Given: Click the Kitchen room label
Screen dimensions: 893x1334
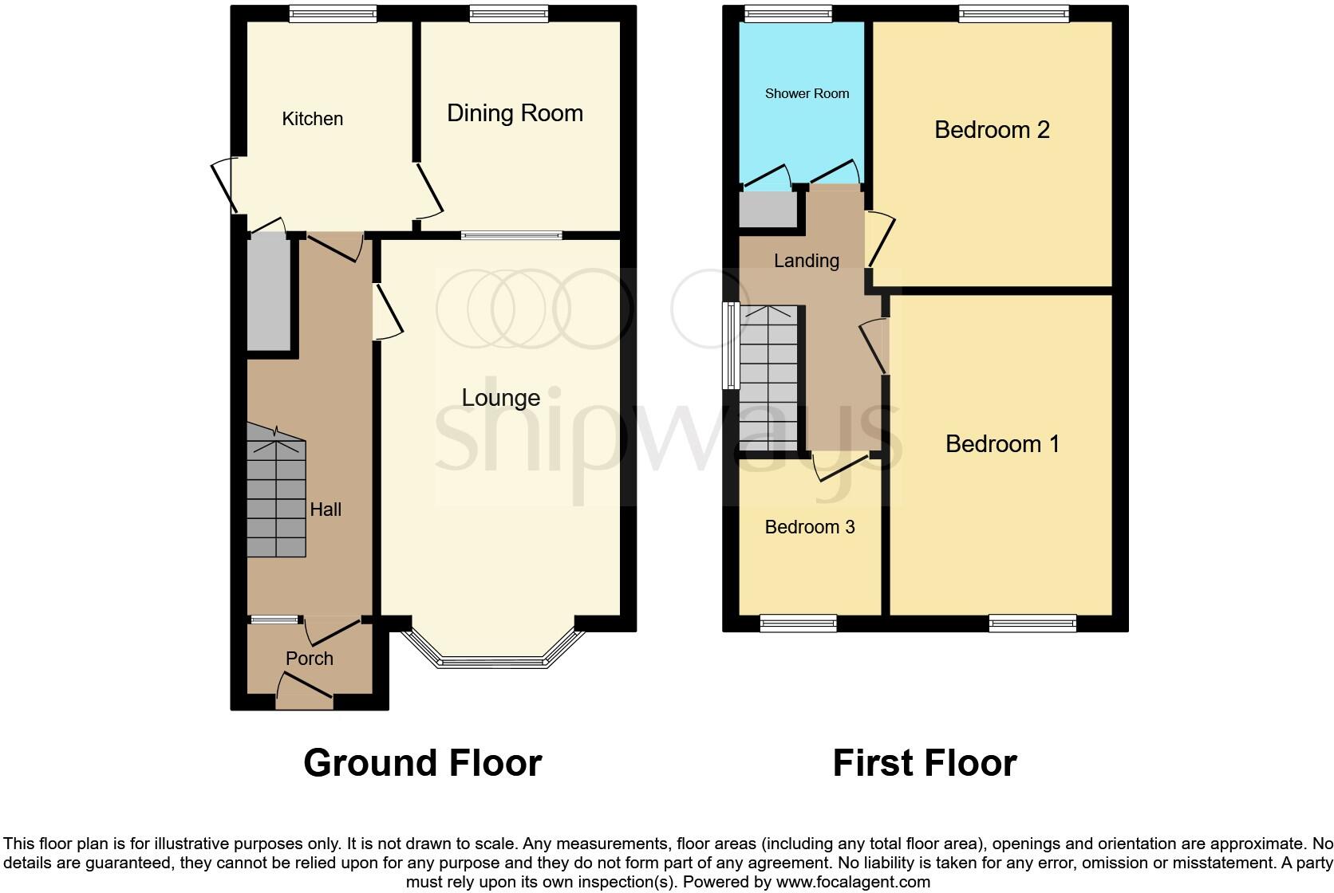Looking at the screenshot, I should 312,119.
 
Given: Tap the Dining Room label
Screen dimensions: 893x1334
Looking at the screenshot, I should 515,113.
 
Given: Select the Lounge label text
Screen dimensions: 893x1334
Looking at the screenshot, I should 500,398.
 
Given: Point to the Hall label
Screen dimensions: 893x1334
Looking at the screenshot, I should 326,509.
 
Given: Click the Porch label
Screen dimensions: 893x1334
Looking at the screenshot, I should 310,659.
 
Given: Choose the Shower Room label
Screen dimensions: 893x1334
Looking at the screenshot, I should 807,93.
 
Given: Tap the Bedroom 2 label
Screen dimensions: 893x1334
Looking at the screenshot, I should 992,129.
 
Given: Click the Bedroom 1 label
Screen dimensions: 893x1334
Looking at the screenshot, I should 1002,444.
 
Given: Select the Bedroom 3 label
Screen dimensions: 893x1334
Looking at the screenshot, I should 810,527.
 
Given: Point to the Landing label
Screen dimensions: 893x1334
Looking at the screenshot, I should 806,261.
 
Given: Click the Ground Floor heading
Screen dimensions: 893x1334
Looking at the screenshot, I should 422,763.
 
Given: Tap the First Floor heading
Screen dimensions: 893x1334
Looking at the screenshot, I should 925,763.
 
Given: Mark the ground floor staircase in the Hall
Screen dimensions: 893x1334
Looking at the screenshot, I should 276,494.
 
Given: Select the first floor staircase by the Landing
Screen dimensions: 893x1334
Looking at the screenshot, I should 769,379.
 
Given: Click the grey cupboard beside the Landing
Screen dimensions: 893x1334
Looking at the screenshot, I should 768,209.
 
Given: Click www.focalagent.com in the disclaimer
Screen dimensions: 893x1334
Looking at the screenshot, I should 853,882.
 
